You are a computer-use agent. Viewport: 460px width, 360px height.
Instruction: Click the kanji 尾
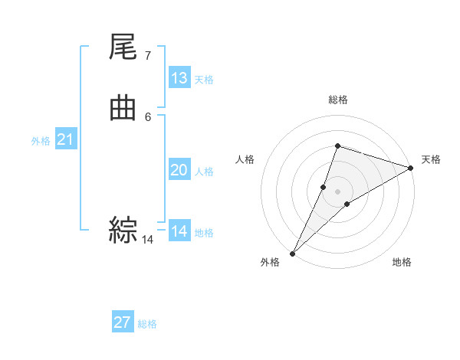click(123, 50)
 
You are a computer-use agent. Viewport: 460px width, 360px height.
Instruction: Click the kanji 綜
click(123, 230)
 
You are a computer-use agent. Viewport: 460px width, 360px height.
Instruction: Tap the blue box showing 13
click(179, 78)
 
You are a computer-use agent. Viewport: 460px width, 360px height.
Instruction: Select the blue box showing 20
click(179, 170)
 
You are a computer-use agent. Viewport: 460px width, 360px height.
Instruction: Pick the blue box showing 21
click(66, 139)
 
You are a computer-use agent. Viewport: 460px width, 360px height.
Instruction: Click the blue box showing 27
click(123, 322)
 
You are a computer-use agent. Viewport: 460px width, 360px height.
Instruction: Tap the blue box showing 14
click(179, 231)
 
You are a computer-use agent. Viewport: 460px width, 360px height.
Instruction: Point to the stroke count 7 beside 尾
click(147, 55)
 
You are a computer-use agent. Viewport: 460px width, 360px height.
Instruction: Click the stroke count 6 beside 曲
click(147, 116)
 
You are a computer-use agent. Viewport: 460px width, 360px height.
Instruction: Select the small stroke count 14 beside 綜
click(147, 240)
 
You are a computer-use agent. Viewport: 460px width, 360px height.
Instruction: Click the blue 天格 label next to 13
click(204, 80)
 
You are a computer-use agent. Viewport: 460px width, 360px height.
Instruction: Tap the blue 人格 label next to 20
click(204, 172)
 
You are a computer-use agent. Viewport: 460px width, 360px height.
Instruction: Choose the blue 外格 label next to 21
click(41, 141)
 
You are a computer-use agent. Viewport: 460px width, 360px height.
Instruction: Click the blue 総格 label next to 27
click(147, 324)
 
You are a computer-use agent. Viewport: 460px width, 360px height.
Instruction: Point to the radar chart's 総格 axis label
click(337, 100)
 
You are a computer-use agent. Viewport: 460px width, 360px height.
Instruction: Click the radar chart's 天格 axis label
click(431, 159)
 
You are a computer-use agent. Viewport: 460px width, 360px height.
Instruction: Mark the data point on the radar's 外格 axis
click(293, 253)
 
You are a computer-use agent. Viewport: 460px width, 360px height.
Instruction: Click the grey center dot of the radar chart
click(337, 191)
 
